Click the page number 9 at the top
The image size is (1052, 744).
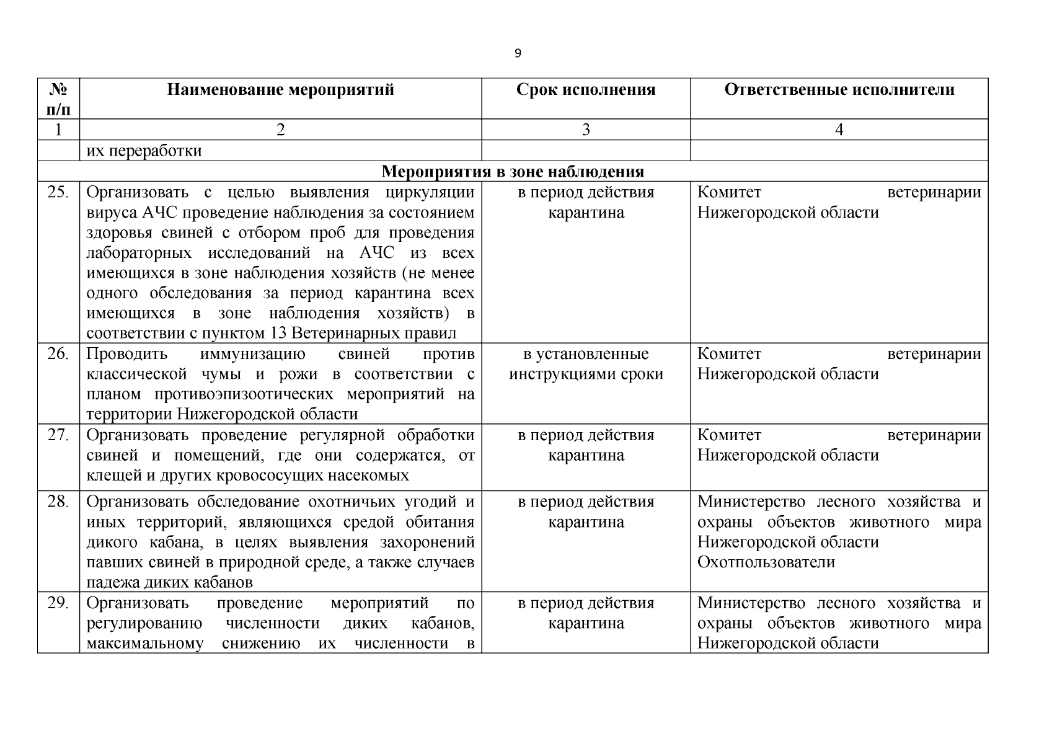click(x=518, y=53)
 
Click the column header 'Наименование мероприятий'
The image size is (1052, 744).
click(x=280, y=90)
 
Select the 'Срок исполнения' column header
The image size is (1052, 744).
click(x=586, y=90)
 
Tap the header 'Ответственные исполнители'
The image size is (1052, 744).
click(x=839, y=90)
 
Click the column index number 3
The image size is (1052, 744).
click(x=586, y=130)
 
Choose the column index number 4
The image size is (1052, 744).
click(x=839, y=130)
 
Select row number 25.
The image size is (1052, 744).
click(x=58, y=192)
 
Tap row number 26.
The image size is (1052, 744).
click(x=58, y=354)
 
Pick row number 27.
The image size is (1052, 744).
click(x=58, y=435)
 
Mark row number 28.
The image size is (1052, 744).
click(x=58, y=502)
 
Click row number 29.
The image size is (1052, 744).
click(x=58, y=603)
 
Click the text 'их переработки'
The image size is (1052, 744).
click(x=144, y=151)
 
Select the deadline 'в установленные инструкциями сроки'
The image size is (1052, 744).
click(x=586, y=364)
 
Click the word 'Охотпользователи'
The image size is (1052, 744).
click(x=766, y=562)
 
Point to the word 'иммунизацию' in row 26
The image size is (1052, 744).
click(x=253, y=354)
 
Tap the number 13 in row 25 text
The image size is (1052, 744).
click(x=278, y=334)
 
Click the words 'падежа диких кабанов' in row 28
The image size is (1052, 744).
click(x=169, y=583)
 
